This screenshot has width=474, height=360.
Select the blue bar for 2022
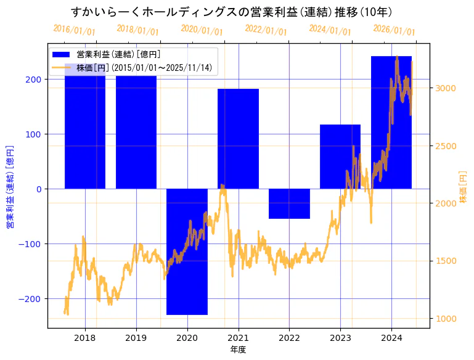(289, 204)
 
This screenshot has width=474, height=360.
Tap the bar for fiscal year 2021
(238, 139)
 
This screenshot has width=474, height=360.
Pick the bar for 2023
(340, 157)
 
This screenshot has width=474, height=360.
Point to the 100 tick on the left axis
(35, 134)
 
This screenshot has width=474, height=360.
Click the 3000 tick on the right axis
(446, 88)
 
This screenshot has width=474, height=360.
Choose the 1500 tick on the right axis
(446, 261)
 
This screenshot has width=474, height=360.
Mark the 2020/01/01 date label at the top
(202, 31)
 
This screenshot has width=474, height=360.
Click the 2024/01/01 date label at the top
(330, 31)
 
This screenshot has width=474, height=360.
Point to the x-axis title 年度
(239, 350)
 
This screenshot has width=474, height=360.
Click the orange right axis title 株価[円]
(464, 187)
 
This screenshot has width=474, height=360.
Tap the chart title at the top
(232, 12)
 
